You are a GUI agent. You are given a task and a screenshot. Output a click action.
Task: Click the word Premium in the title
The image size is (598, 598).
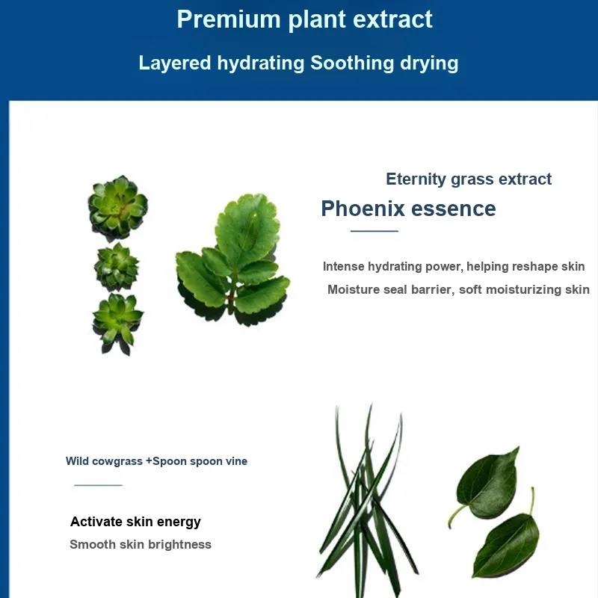click(229, 19)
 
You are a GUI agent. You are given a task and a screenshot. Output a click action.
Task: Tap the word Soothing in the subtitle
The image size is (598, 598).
click(351, 63)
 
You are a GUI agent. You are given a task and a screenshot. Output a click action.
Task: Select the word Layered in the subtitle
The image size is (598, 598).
click(175, 63)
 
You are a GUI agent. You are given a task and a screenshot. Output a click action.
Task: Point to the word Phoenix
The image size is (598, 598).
click(363, 209)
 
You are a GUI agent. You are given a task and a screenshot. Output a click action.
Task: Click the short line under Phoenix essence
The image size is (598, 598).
click(374, 231)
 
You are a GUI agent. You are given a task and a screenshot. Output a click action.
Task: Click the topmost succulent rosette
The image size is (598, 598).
click(118, 208)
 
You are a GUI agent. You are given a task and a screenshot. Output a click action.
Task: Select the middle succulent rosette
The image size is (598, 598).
click(117, 267)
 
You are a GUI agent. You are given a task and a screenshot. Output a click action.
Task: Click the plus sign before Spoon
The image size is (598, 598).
click(149, 461)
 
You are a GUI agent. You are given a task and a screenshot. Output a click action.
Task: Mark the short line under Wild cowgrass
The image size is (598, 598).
click(99, 485)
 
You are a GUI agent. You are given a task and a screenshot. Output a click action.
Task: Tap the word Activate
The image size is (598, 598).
click(96, 521)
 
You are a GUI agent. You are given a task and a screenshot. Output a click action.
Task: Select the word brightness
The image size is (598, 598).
click(179, 545)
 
